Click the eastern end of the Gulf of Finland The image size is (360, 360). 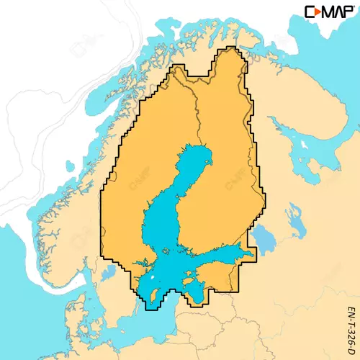pos(248,255)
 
